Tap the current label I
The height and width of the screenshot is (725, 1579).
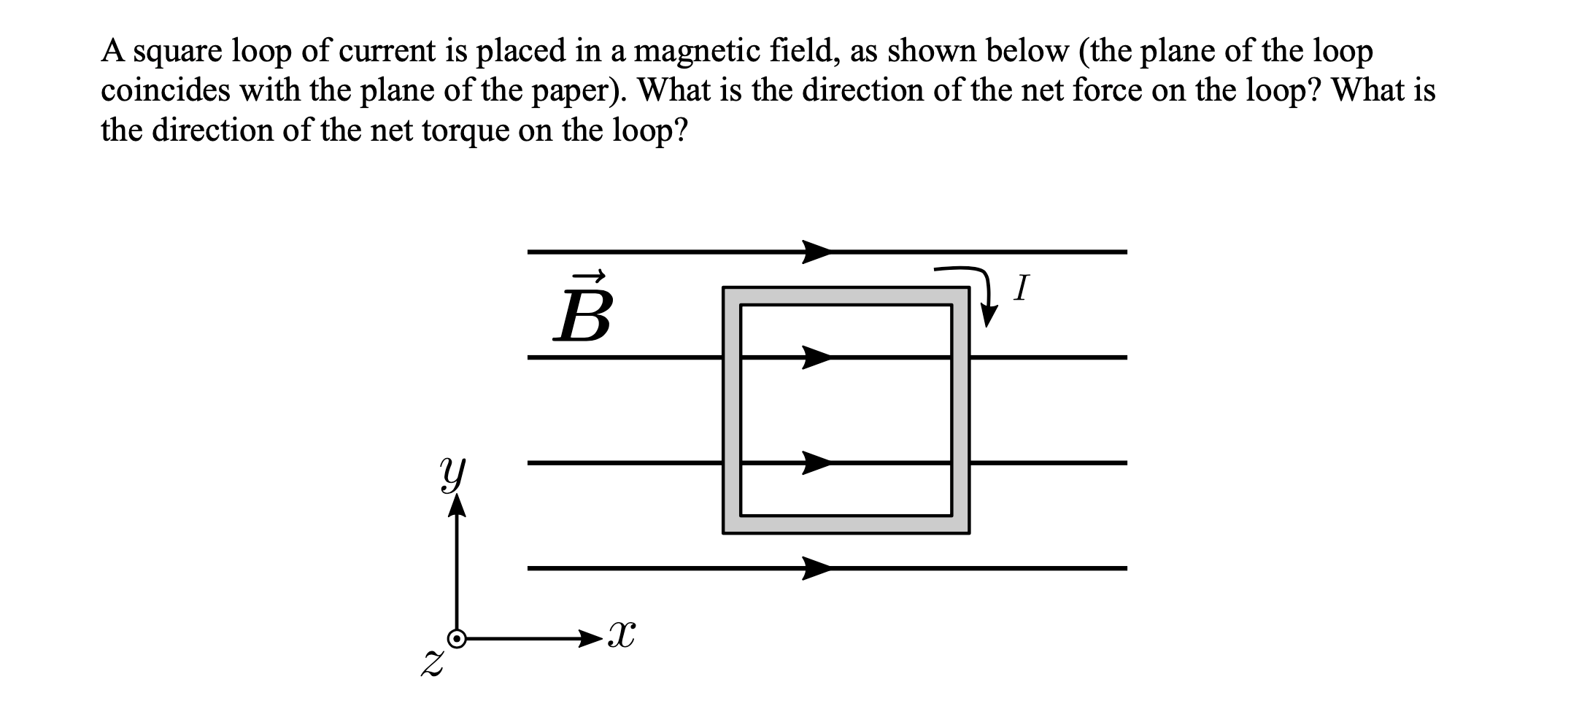1021,288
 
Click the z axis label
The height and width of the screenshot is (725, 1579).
433,664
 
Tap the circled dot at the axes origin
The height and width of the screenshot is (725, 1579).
457,639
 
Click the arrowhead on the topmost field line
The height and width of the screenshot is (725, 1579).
817,252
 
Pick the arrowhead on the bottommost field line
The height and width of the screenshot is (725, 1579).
817,567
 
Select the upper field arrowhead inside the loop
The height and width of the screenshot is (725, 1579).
817,357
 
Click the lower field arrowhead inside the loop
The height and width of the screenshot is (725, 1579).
817,462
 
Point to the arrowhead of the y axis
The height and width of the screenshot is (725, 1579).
457,505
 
